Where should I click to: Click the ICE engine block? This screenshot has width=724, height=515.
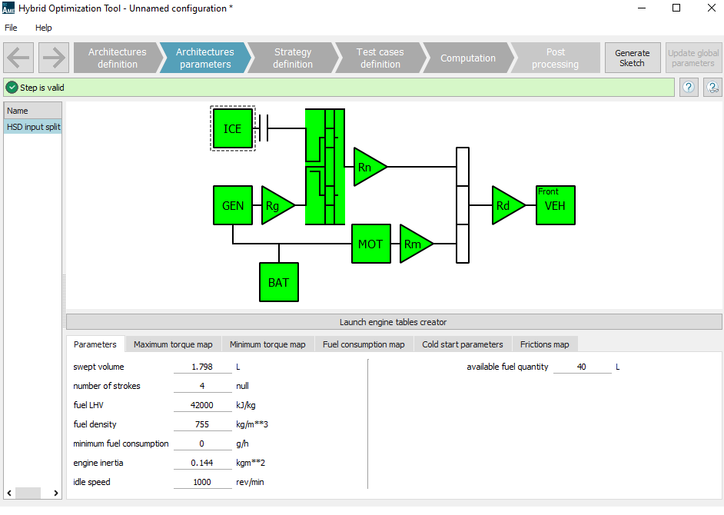(x=232, y=128)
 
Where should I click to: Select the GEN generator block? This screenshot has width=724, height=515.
(x=232, y=205)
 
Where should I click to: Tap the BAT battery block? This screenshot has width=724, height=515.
(x=278, y=282)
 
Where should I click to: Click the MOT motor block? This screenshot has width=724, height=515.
(x=370, y=244)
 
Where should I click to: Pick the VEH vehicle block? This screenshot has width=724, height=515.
(x=555, y=205)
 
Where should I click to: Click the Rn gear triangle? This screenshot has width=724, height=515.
(x=367, y=167)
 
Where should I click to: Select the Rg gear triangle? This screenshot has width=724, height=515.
(x=274, y=205)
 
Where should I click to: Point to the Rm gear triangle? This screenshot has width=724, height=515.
(x=413, y=244)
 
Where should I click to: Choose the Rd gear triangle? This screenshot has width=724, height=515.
(x=505, y=205)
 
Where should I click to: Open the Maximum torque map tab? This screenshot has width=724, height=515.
(x=173, y=344)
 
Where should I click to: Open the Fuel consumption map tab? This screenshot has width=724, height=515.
(x=364, y=344)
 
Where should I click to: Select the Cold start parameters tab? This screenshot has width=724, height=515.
(x=463, y=344)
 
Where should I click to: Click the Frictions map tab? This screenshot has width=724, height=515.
(x=544, y=344)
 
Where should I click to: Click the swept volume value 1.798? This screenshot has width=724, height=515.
(x=202, y=367)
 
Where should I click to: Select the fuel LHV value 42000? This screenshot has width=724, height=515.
(x=202, y=405)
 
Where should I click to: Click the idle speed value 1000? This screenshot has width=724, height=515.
(x=202, y=482)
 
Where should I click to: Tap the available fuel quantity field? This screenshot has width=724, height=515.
(x=582, y=367)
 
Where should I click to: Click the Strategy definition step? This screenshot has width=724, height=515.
(x=293, y=58)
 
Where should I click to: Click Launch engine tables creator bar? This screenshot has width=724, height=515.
(x=394, y=322)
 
